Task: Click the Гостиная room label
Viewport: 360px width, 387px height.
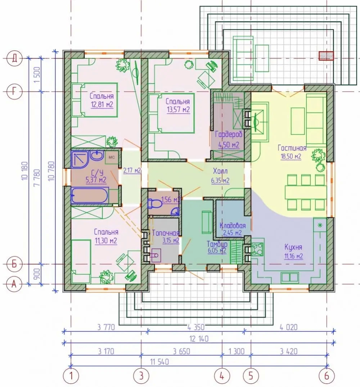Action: (292, 148)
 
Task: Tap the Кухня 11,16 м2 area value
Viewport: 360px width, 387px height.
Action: (293, 256)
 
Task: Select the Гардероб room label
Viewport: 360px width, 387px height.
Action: (229, 134)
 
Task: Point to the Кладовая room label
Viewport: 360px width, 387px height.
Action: (233, 225)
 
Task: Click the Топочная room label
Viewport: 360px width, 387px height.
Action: (165, 233)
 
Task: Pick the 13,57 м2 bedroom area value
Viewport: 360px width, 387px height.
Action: (178, 109)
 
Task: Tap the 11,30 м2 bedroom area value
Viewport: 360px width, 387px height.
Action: (106, 240)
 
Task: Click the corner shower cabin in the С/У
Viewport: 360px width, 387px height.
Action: (80, 158)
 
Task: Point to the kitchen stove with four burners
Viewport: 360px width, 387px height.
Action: (257, 249)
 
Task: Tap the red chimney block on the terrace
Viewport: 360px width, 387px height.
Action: (326, 56)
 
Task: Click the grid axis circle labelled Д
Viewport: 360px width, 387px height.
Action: (14, 58)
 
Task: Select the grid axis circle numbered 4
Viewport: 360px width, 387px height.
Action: (222, 376)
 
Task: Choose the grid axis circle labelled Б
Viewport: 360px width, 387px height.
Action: (14, 264)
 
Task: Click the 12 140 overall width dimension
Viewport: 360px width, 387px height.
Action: (199, 339)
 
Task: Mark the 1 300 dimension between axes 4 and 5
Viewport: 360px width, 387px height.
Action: (236, 351)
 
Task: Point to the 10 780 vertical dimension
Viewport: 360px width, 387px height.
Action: (51, 171)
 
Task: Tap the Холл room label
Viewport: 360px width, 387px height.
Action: (220, 171)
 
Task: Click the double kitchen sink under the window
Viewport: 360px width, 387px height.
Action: (290, 278)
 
